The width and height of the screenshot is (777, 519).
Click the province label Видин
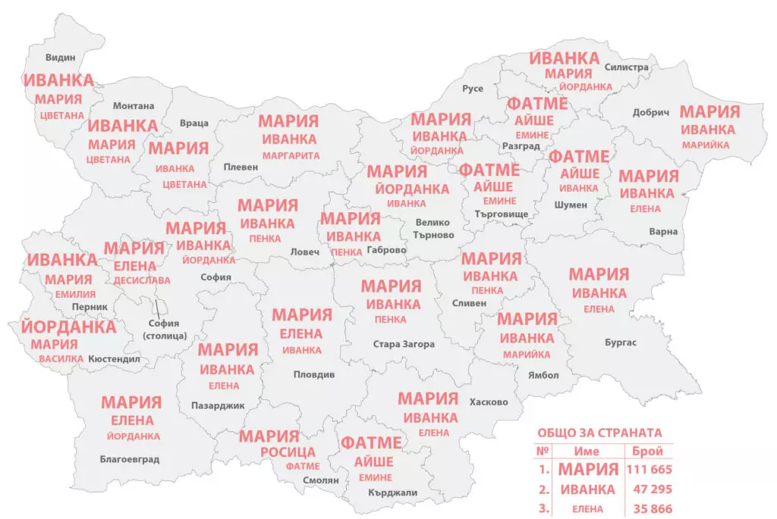pyautogui.click(x=61, y=57)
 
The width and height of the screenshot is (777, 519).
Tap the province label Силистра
pyautogui.click(x=626, y=67)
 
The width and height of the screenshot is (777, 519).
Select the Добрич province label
pyautogui.click(x=651, y=113)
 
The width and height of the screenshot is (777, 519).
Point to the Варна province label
pyautogui.click(x=663, y=232)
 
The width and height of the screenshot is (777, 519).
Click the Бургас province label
pyautogui.click(x=621, y=342)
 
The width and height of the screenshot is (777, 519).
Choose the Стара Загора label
pyautogui.click(x=404, y=344)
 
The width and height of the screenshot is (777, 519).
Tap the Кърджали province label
pyautogui.click(x=392, y=493)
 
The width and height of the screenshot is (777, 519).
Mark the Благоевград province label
pyautogui.click(x=129, y=459)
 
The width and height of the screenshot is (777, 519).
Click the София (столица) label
pyautogui.click(x=165, y=329)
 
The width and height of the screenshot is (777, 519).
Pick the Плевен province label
pyautogui.click(x=241, y=167)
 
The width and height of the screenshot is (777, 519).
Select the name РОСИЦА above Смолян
pyautogui.click(x=288, y=452)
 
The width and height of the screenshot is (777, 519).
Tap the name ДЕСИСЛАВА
pyautogui.click(x=142, y=280)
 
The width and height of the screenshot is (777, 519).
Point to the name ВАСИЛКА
pyautogui.click(x=60, y=358)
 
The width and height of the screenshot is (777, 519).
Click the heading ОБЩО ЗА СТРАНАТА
pyautogui.click(x=599, y=433)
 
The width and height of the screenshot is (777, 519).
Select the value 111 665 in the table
pyautogui.click(x=650, y=469)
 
